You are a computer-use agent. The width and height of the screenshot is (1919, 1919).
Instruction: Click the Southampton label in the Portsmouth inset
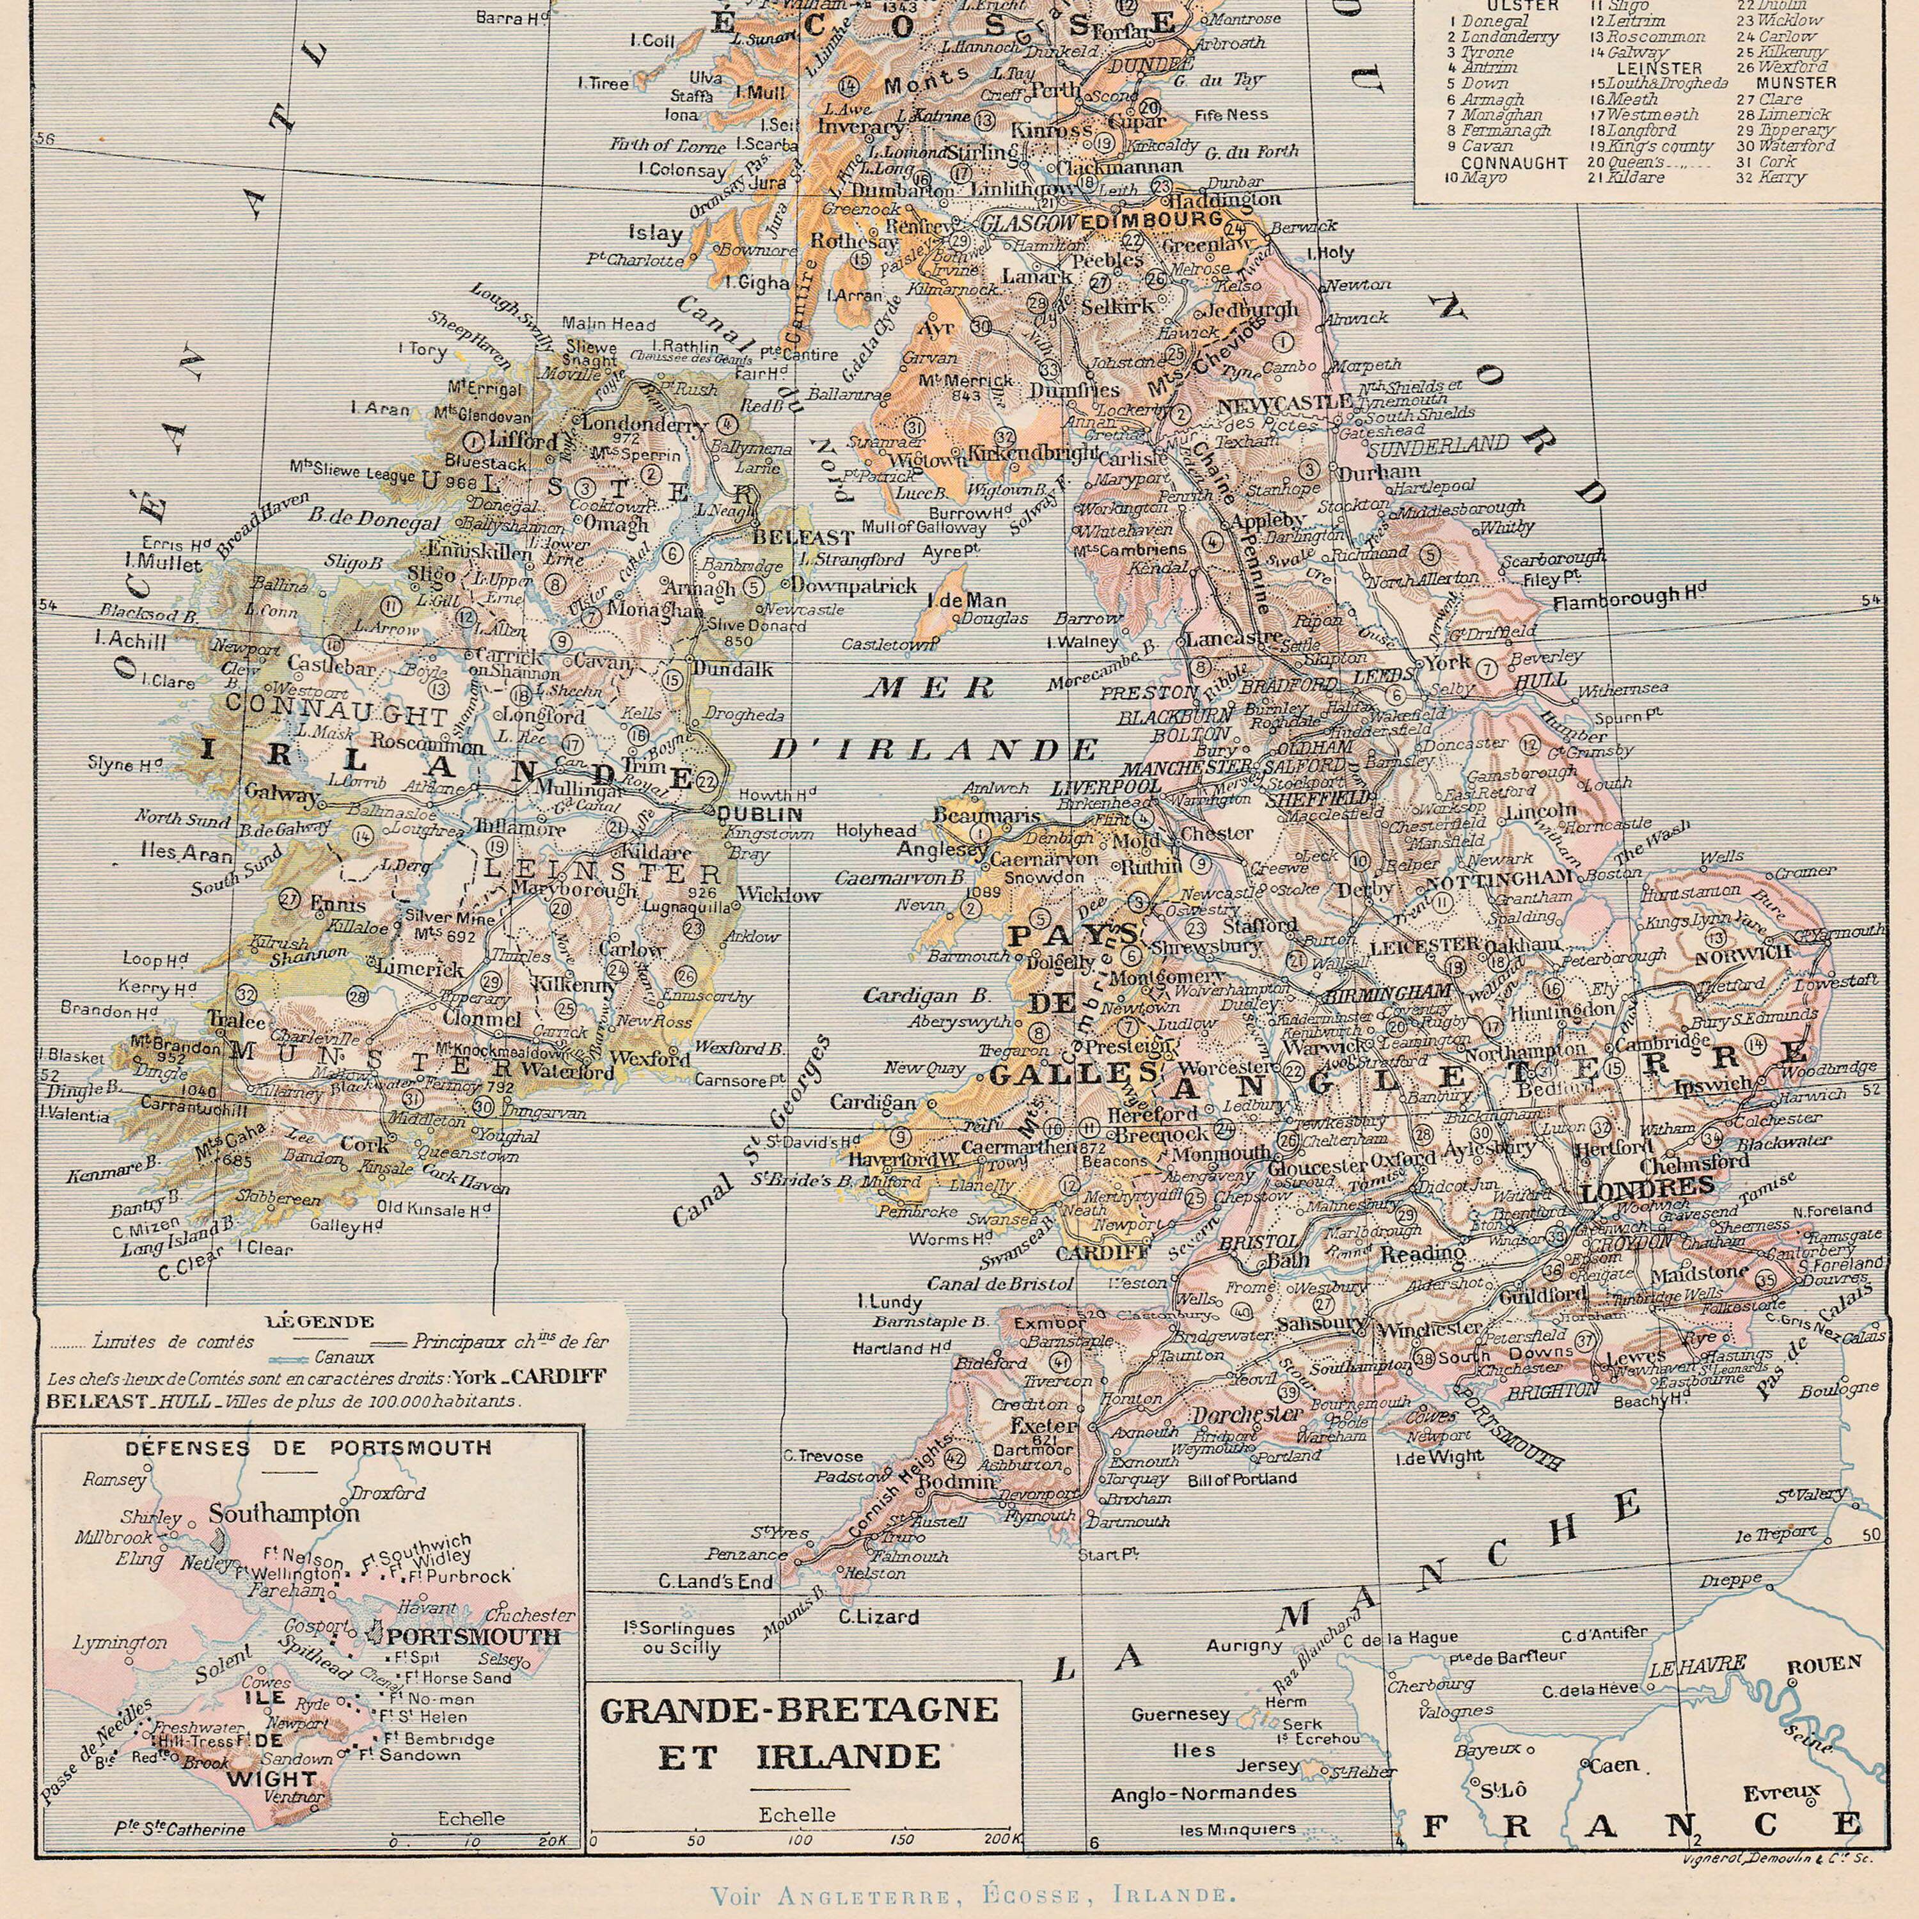pyautogui.click(x=284, y=1513)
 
